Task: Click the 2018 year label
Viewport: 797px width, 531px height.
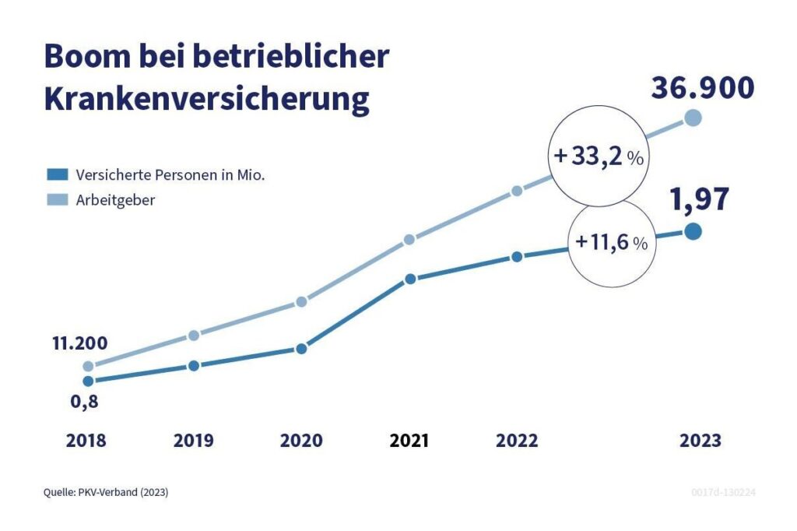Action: pyautogui.click(x=86, y=441)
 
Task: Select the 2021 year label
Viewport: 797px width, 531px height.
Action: pyautogui.click(x=409, y=441)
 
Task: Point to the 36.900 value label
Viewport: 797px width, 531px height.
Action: pyautogui.click(x=701, y=88)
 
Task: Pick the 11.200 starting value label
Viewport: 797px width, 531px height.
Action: pyautogui.click(x=80, y=343)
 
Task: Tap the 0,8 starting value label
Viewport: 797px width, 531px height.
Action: pyautogui.click(x=83, y=403)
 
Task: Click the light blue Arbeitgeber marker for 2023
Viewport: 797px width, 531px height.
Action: pyautogui.click(x=693, y=118)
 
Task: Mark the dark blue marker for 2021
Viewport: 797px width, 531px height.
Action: pyautogui.click(x=410, y=279)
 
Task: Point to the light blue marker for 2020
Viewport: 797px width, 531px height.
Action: pyautogui.click(x=302, y=302)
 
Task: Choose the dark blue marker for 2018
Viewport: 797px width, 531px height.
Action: pyautogui.click(x=88, y=381)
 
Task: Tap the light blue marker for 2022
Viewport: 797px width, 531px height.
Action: pyautogui.click(x=517, y=192)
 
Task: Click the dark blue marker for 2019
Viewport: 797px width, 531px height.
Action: pyautogui.click(x=194, y=365)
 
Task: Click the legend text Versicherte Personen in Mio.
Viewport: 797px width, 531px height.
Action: pyautogui.click(x=170, y=175)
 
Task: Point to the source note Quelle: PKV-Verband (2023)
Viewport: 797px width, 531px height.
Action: pyautogui.click(x=106, y=493)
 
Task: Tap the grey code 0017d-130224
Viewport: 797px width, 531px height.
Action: pyautogui.click(x=724, y=493)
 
